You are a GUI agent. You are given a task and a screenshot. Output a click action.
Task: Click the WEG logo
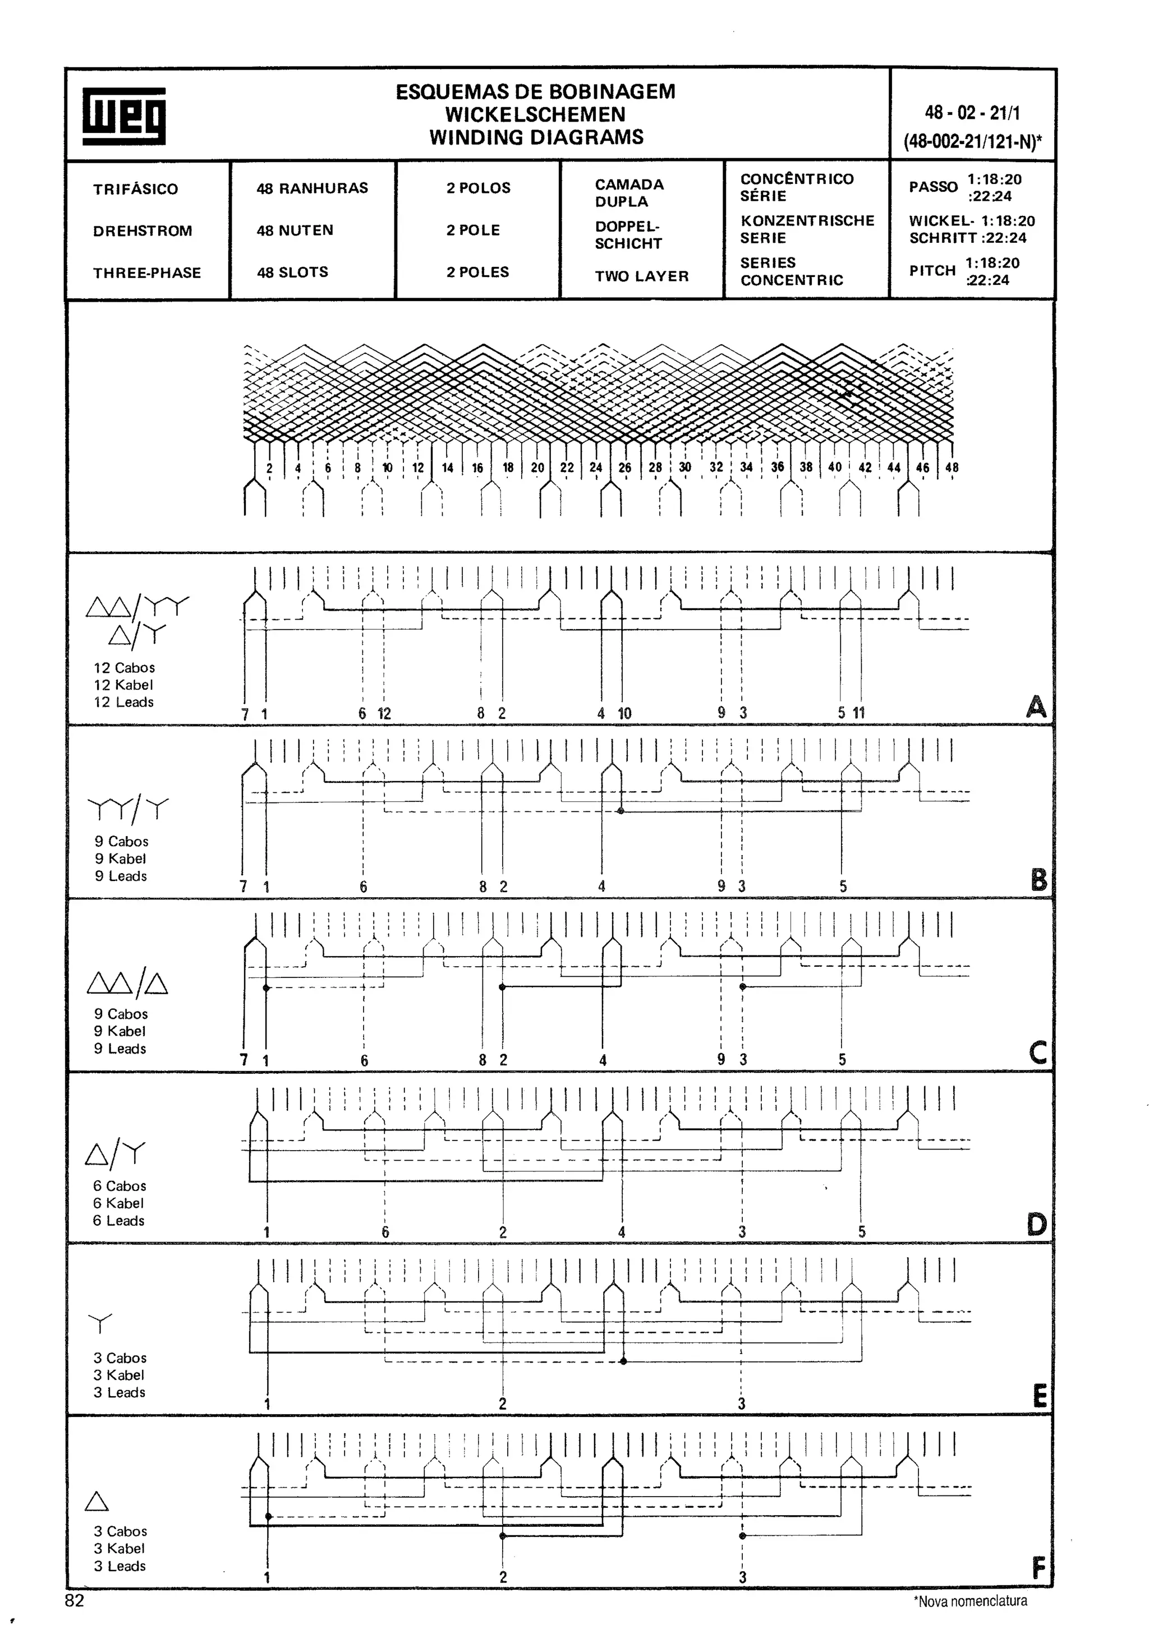pos(124,116)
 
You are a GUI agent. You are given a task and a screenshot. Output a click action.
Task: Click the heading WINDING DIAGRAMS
pos(536,137)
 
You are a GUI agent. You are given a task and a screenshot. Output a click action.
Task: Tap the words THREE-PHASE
pos(146,273)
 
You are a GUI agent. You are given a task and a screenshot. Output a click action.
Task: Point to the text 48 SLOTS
pos(292,272)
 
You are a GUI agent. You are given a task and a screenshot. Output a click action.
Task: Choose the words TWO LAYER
pos(641,276)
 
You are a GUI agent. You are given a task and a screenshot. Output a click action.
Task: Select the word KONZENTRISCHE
pos(807,220)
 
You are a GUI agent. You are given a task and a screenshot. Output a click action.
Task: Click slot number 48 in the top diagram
pos(952,467)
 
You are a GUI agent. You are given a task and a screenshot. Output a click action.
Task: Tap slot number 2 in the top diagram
pos(269,468)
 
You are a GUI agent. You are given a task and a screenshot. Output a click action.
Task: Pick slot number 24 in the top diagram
pos(595,467)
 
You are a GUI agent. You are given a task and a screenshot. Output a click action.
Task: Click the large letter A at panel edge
pos(1036,707)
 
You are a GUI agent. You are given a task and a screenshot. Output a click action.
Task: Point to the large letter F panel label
pos(1038,1569)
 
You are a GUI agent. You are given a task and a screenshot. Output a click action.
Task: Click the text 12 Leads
pos(123,702)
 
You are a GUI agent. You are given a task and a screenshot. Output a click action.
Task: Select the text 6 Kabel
pos(118,1203)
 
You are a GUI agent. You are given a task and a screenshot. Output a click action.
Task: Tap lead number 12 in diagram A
pos(384,713)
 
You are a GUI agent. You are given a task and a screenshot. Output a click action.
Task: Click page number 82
pos(74,1601)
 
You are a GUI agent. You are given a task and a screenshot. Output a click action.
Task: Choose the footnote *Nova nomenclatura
pos(970,1601)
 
